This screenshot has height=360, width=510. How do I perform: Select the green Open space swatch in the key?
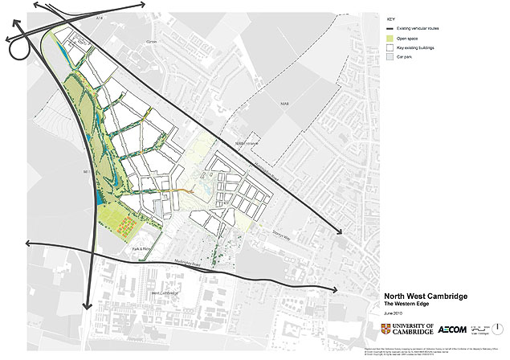[390, 38]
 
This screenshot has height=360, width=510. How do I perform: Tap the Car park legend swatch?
[390, 58]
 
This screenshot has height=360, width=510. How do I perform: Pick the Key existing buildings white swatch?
[390, 48]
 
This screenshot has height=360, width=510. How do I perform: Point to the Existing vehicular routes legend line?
[390, 28]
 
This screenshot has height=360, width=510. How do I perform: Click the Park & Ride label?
[143, 249]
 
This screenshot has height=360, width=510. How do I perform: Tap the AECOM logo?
[455, 329]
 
